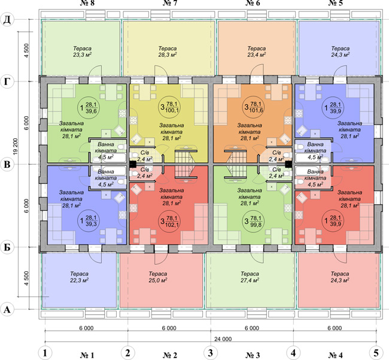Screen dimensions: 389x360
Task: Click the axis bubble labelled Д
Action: (7, 20)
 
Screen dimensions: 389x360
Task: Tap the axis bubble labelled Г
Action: (7, 81)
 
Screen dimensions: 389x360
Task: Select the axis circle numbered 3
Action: (211, 353)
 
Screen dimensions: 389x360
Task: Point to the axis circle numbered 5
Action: (376, 353)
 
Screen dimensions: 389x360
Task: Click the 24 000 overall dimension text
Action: (223, 339)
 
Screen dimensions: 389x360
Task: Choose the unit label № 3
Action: (253, 355)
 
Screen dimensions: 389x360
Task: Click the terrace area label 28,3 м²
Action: (168, 55)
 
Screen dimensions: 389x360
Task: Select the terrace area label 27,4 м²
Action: (250, 280)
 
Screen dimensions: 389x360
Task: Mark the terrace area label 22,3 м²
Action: (80, 280)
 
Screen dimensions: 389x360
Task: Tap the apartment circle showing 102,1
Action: (170, 221)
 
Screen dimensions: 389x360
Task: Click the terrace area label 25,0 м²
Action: (158, 280)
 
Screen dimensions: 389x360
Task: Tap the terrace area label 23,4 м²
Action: (257, 55)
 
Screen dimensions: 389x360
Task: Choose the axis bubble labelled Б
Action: (7, 247)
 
